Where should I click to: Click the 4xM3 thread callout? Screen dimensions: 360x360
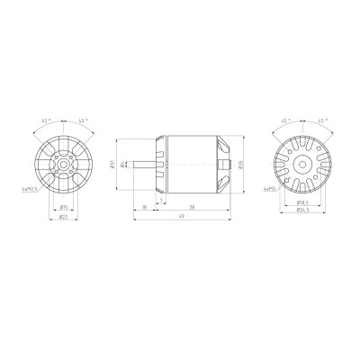(x=267, y=190)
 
